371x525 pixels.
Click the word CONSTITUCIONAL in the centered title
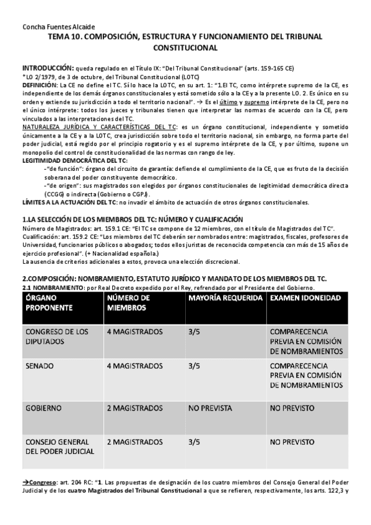pyautogui.click(x=185, y=47)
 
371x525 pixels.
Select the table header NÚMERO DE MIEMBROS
pyautogui.click(x=129, y=303)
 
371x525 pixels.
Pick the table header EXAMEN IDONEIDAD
pyautogui.click(x=305, y=298)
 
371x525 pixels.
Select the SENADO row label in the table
pyautogui.click(x=39, y=366)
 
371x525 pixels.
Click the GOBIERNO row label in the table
pyautogui.click(x=43, y=409)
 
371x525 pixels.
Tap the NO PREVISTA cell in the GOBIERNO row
pyautogui.click(x=211, y=409)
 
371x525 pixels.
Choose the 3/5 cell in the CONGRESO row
pyautogui.click(x=194, y=332)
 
